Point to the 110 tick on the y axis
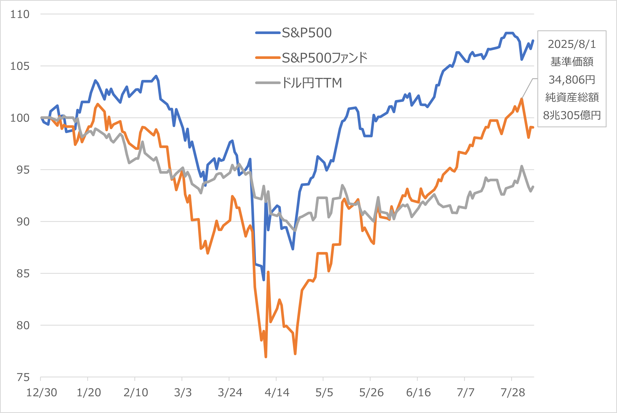point(20,14)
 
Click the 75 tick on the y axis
point(23,377)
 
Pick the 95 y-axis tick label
point(23,170)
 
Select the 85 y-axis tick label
point(23,274)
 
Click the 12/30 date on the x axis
point(42,393)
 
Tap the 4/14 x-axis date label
point(277,393)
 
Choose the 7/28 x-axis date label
point(513,393)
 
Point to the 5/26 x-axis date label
point(371,393)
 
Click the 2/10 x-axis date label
point(136,393)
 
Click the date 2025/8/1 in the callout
point(572,44)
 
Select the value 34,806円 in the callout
point(572,80)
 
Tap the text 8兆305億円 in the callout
point(572,115)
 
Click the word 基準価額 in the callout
point(572,62)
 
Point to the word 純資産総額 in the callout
point(572,97)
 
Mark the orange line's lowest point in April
point(266,357)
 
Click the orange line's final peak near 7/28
point(522,99)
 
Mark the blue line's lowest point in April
point(264,280)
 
